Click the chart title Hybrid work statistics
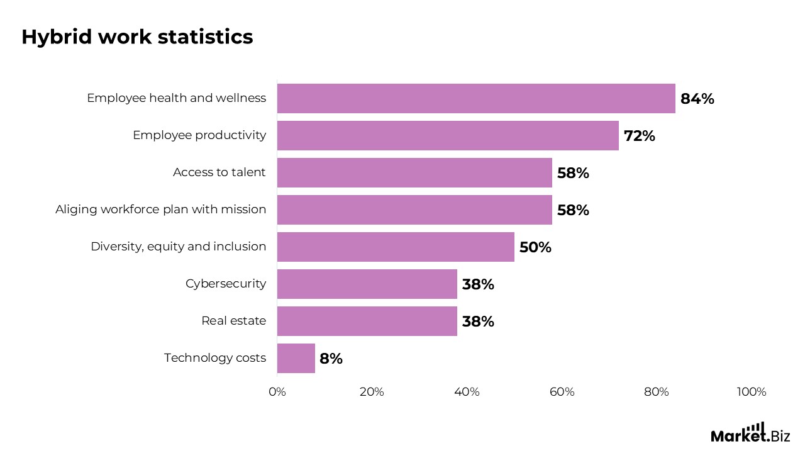[137, 37]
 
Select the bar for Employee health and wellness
[476, 99]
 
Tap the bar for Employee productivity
[448, 136]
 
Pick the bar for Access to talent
[414, 173]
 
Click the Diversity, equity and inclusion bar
[396, 247]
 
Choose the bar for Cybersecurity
[367, 284]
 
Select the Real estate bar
[367, 322]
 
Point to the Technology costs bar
[296, 359]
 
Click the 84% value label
[697, 99]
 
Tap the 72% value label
[639, 136]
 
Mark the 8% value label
[331, 359]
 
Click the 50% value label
[535, 247]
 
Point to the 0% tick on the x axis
[277, 392]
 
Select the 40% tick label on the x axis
[467, 392]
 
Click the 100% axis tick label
[752, 392]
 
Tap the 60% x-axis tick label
[562, 392]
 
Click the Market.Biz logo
[750, 433]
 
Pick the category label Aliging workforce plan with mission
[161, 210]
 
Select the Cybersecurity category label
[226, 284]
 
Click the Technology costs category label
[215, 358]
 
